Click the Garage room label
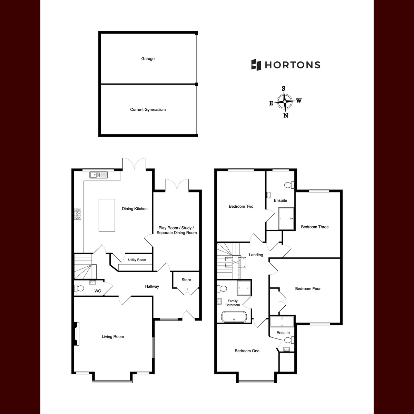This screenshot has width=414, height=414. pyautogui.click(x=148, y=59)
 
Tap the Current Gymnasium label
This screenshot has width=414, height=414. pyautogui.click(x=148, y=110)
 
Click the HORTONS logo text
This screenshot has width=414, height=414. pyautogui.click(x=293, y=65)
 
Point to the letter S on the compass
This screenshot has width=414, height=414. pyautogui.click(x=283, y=89)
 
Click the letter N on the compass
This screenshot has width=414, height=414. pyautogui.click(x=286, y=116)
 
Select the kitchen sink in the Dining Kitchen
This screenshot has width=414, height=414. pyautogui.click(x=98, y=175)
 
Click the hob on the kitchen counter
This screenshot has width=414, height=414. pyautogui.click(x=78, y=214)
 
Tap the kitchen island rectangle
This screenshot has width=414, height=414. pyautogui.click(x=107, y=215)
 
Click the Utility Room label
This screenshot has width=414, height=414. pyautogui.click(x=137, y=260)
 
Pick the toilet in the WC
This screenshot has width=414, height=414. pyautogui.click(x=79, y=288)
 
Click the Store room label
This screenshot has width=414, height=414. pyautogui.click(x=186, y=280)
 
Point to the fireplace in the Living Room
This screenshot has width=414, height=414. pyautogui.click(x=77, y=334)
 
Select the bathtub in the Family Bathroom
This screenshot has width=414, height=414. pyautogui.click(x=234, y=317)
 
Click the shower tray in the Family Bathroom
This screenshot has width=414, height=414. pyautogui.click(x=244, y=288)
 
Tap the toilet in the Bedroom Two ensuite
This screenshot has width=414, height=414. pyautogui.click(x=289, y=185)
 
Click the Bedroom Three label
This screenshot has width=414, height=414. pyautogui.click(x=315, y=227)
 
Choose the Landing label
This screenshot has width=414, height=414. pyautogui.click(x=256, y=255)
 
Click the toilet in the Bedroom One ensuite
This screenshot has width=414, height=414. pyautogui.click(x=289, y=340)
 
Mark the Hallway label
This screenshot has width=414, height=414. pyautogui.click(x=152, y=286)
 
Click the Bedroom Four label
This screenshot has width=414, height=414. pyautogui.click(x=308, y=289)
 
